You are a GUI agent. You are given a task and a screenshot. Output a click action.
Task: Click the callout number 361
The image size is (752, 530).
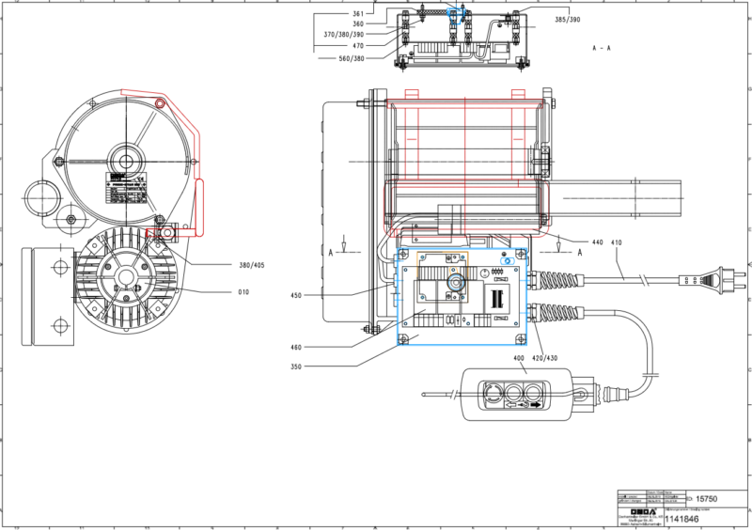358,14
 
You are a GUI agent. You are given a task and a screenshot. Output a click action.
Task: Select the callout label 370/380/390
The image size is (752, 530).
343,35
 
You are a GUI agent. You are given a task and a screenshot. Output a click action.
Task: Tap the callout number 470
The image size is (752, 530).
357,45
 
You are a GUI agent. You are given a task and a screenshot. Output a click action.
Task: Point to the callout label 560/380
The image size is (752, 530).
352,58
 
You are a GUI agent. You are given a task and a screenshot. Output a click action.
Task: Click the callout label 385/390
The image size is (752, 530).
567,20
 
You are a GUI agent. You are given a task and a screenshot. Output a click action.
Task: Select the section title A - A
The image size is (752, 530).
603,46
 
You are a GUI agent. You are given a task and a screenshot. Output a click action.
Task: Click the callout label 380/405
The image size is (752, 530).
252,265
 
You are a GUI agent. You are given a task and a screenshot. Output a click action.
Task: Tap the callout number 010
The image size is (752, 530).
243,292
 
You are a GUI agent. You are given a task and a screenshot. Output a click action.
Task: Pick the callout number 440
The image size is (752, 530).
597,242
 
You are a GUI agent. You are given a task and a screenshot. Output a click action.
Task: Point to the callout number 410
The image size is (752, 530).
617,242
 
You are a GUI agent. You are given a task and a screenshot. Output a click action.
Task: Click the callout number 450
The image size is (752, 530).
296,296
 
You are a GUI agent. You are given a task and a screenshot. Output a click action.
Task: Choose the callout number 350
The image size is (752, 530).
296,366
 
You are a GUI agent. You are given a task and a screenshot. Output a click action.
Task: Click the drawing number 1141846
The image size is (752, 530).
683,518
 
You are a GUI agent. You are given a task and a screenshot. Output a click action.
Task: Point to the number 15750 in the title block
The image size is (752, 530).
706,498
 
